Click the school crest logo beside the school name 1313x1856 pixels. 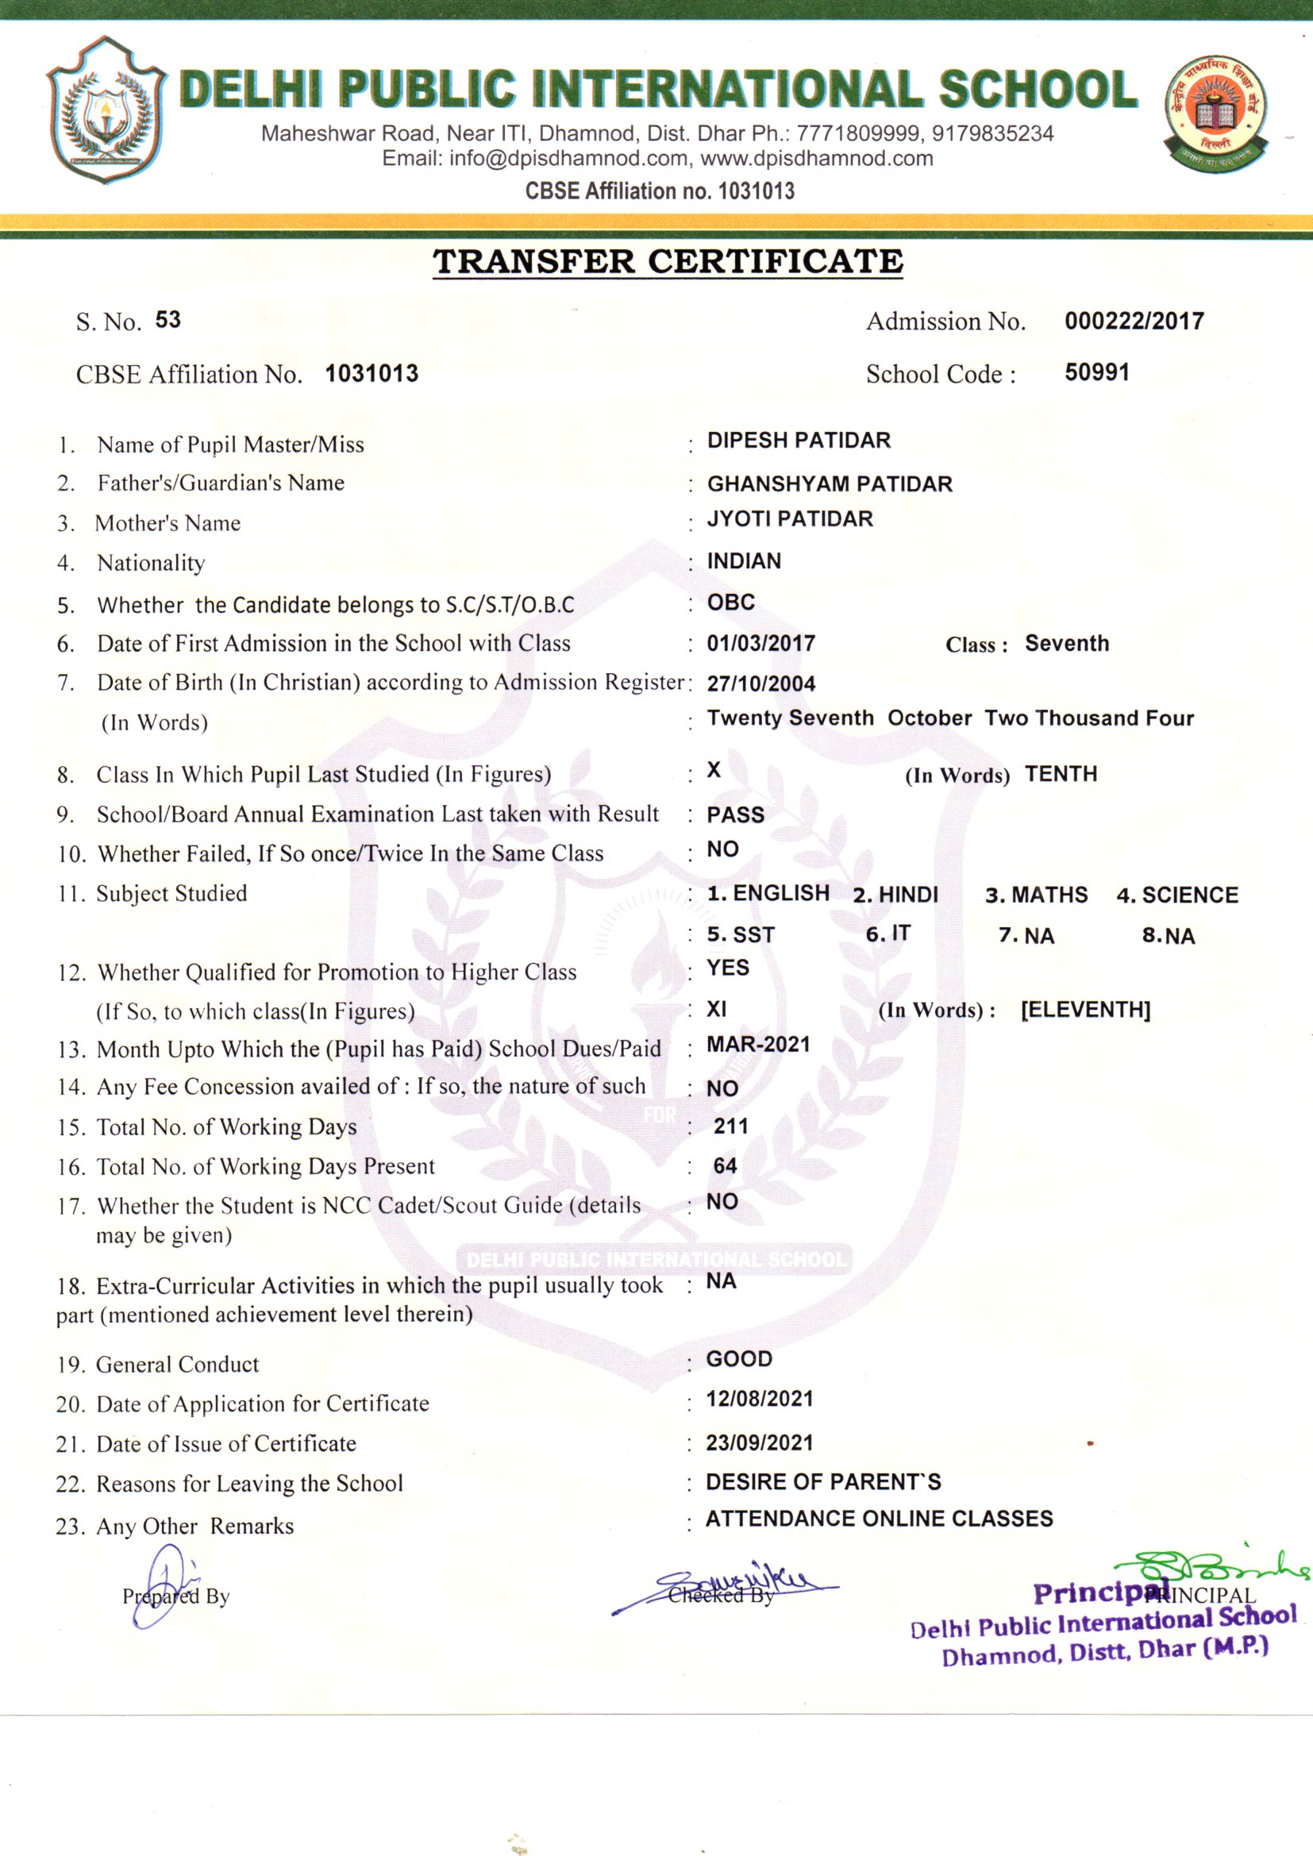[106, 109]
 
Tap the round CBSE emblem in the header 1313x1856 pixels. [1215, 109]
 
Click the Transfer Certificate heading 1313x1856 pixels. [667, 261]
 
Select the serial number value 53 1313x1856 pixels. [168, 320]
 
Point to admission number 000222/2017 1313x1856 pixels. [1134, 321]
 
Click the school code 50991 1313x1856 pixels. [1096, 372]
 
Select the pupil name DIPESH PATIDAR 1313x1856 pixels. [798, 441]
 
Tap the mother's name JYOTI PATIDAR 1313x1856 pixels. [790, 519]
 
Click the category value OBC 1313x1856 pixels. [731, 603]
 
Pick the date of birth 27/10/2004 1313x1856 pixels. [760, 683]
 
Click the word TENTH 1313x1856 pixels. [1061, 775]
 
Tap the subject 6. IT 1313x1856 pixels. [888, 934]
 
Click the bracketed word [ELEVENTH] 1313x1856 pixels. [1085, 1010]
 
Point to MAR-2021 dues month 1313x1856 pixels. [757, 1045]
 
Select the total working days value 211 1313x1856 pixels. [731, 1126]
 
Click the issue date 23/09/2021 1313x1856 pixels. [759, 1443]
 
